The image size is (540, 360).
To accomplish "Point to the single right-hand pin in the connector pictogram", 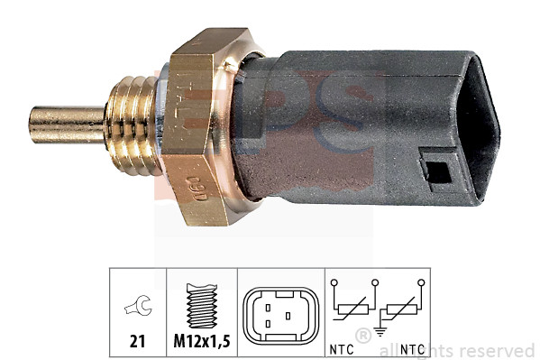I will pyautogui.click(x=288, y=317).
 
